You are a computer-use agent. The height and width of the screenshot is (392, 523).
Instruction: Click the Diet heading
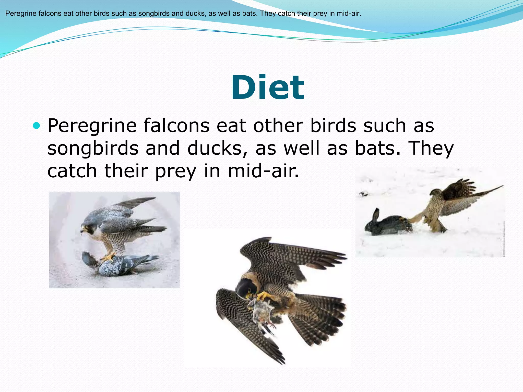point(267,87)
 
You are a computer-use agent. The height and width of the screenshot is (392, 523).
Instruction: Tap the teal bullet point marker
point(37,126)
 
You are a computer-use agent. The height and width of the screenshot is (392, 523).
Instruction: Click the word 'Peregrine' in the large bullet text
point(92,126)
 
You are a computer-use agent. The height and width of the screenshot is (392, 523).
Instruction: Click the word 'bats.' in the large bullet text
point(378,148)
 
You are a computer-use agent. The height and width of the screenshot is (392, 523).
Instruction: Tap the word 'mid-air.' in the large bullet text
point(263,171)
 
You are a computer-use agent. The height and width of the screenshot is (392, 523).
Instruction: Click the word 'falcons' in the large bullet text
point(176,126)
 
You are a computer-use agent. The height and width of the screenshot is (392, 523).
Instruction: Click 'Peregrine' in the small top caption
point(21,14)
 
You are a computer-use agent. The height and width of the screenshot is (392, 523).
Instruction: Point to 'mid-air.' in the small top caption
point(349,14)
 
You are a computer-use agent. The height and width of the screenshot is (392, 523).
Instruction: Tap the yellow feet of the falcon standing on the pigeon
point(109,257)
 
